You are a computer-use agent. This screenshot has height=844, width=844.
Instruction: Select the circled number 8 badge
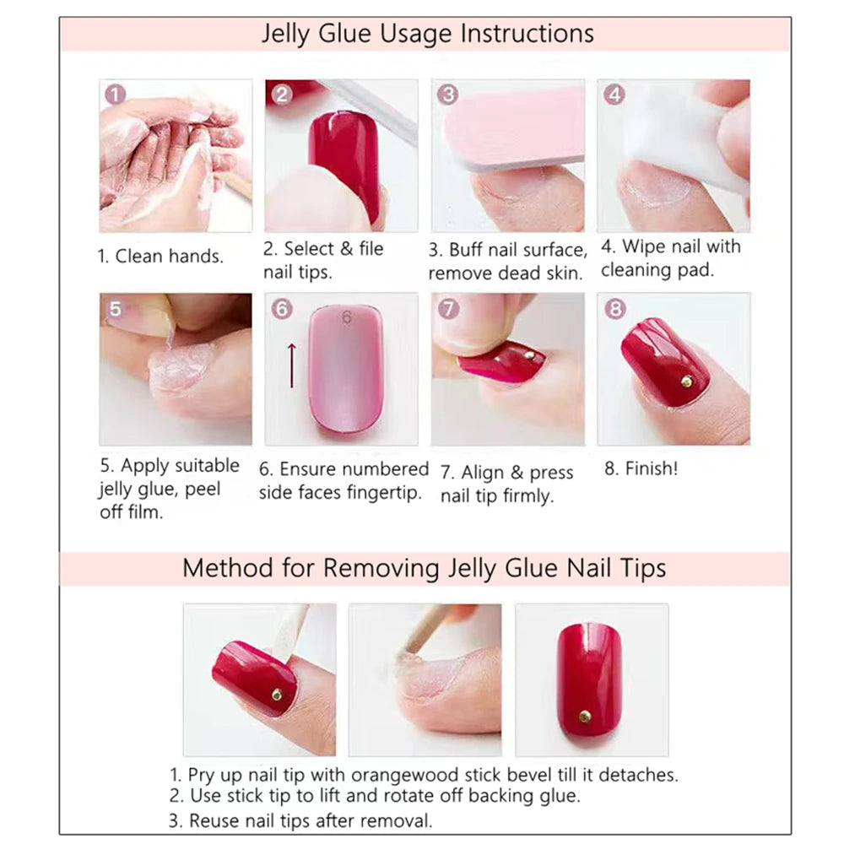tap(614, 309)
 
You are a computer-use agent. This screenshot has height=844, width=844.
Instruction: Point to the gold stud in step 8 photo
tap(686, 381)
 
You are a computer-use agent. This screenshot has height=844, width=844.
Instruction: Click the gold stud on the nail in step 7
tap(529, 355)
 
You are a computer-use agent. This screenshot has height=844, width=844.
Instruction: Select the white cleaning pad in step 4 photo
tap(684, 135)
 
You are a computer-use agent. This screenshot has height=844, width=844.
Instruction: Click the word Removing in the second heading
tap(378, 567)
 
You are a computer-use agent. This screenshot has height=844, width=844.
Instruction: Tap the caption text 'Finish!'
tap(651, 469)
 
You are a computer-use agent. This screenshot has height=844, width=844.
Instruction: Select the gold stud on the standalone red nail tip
tap(584, 717)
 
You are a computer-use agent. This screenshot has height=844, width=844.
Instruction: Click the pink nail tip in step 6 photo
tap(344, 371)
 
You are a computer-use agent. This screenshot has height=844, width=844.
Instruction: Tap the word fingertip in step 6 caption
tap(385, 493)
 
